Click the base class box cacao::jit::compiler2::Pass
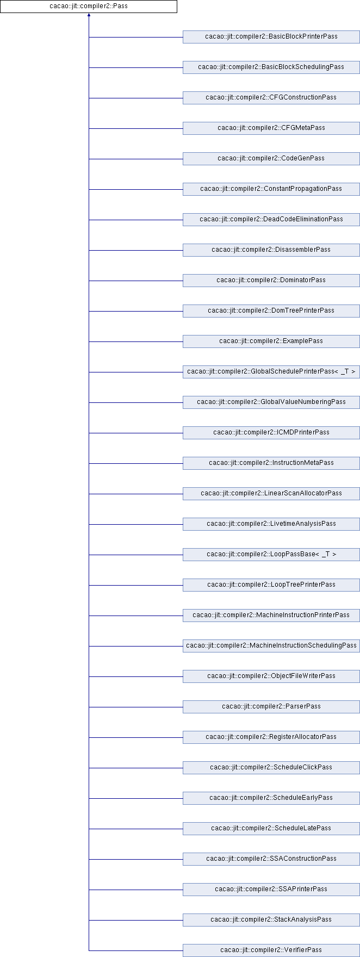pyautogui.click(x=89, y=7)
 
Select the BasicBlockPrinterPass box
pyautogui.click(x=271, y=37)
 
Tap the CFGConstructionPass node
pyautogui.click(x=271, y=98)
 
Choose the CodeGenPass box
pyautogui.click(x=271, y=159)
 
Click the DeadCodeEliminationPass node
pyautogui.click(x=271, y=220)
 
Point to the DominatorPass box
pyautogui.click(x=271, y=281)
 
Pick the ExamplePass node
pyautogui.click(x=271, y=341)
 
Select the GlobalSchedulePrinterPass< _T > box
pyautogui.click(x=271, y=372)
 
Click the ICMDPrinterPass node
pyautogui.click(x=271, y=433)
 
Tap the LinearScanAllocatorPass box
pyautogui.click(x=271, y=494)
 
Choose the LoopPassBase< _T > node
pyautogui.click(x=271, y=555)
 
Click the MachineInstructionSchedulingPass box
pyautogui.click(x=271, y=646)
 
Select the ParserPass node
pyautogui.click(x=271, y=707)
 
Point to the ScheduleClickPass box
pyautogui.click(x=271, y=768)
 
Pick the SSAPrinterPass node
pyautogui.click(x=271, y=890)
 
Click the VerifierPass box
pyautogui.click(x=271, y=950)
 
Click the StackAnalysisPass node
pyautogui.click(x=271, y=920)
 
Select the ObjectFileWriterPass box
pyautogui.click(x=271, y=676)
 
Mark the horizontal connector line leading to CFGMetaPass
pyautogui.click(x=135, y=128)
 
